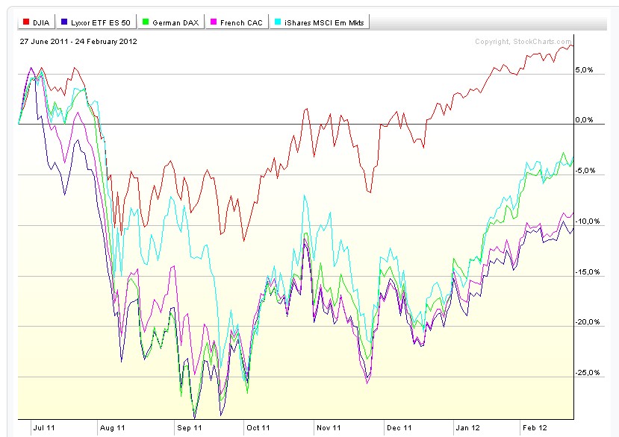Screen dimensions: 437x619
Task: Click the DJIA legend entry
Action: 36,23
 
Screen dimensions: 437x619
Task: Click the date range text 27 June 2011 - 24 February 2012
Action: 78,42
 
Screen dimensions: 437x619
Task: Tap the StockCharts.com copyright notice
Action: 523,42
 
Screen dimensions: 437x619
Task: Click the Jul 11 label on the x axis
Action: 43,427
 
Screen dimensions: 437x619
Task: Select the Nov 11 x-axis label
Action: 329,427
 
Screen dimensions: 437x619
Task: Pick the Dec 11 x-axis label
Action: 399,427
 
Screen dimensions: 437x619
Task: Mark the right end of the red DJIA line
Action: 573,46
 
